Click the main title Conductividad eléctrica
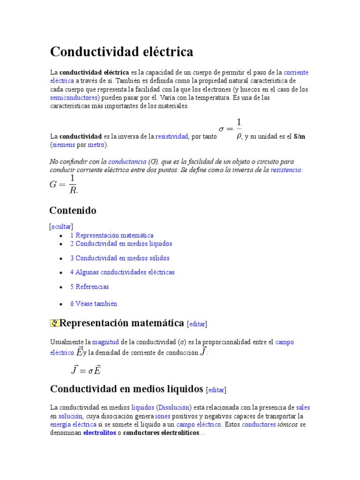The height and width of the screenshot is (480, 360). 121,52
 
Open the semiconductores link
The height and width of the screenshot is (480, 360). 74,98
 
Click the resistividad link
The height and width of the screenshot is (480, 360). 172,136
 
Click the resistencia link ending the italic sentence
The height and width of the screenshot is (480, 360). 285,170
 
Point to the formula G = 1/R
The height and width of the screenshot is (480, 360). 64,184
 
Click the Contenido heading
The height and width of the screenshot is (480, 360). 73,210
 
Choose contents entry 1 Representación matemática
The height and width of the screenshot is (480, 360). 112,235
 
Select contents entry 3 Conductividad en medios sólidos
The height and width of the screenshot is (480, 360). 120,258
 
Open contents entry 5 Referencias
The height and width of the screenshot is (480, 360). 89,287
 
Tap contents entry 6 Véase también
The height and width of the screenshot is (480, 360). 93,304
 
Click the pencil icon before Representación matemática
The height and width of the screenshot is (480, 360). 54,323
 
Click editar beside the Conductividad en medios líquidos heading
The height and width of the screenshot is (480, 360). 217,390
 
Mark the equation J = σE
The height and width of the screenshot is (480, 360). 86,370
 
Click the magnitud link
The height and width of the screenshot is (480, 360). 105,342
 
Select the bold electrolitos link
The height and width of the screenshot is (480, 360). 99,433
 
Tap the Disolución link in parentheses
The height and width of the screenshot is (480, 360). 173,408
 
